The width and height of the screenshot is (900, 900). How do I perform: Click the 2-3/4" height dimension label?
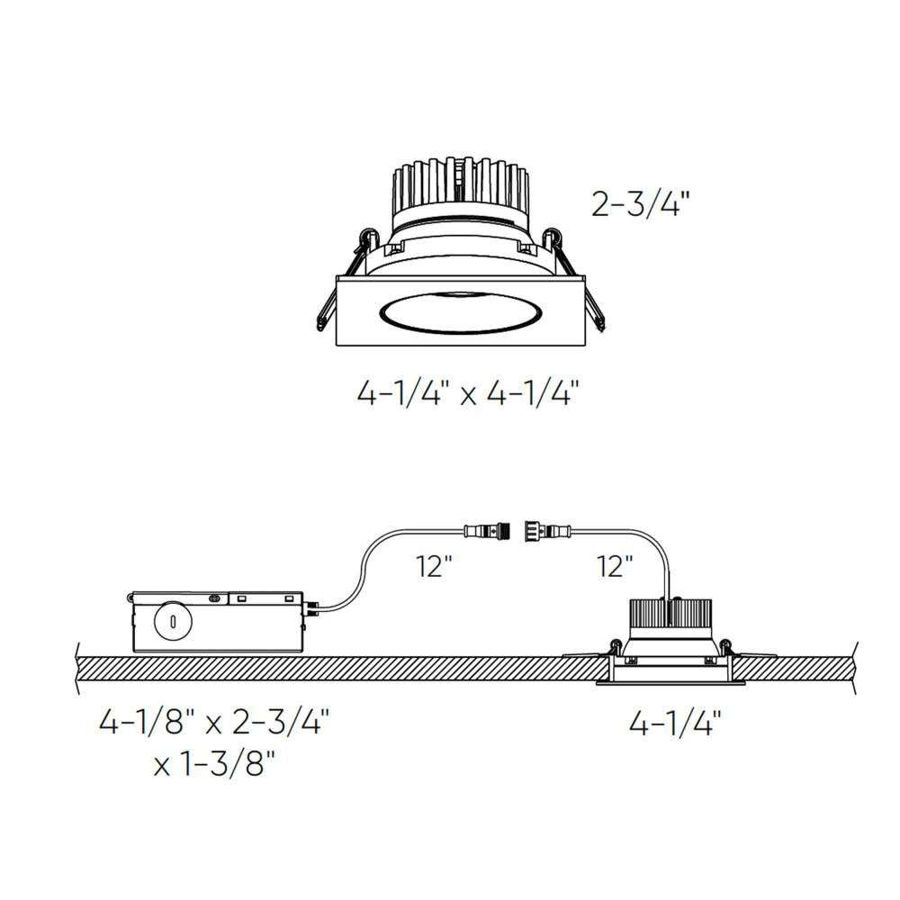coord(640,204)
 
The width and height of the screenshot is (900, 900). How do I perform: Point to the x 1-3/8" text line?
coord(214,766)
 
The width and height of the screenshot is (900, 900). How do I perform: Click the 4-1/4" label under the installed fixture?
coord(675,723)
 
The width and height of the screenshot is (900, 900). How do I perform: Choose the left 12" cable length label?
coord(434,568)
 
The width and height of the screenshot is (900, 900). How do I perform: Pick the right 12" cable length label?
coord(615,568)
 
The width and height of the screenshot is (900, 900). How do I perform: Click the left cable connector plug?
coord(487,530)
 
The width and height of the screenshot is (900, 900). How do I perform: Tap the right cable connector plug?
coord(548,530)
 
